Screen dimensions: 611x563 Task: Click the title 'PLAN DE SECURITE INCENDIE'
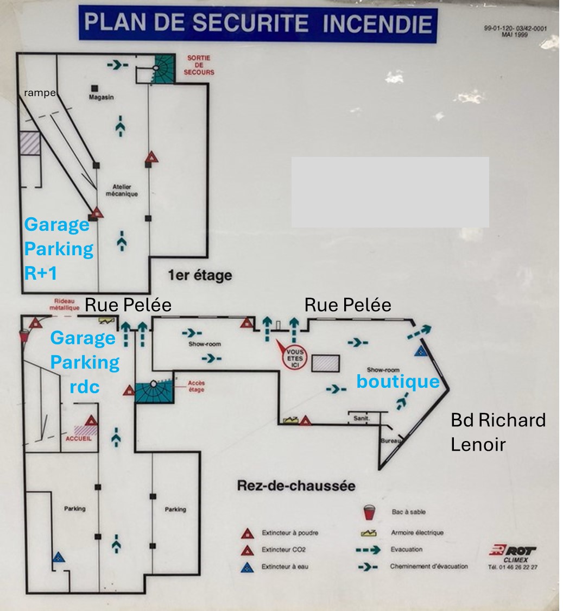coord(258,23)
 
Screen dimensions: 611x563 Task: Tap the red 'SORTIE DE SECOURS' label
coord(200,65)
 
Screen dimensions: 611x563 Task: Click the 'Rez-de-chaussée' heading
coord(296,486)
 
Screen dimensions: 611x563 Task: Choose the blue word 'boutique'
coord(397,382)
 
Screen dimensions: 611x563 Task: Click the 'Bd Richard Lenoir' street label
coord(498,432)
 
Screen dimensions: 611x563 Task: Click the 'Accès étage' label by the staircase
coord(196,386)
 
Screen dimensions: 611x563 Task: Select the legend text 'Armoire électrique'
coord(417,533)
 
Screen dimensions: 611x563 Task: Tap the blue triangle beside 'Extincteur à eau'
coord(248,567)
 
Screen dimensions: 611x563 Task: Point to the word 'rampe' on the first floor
coord(39,93)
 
